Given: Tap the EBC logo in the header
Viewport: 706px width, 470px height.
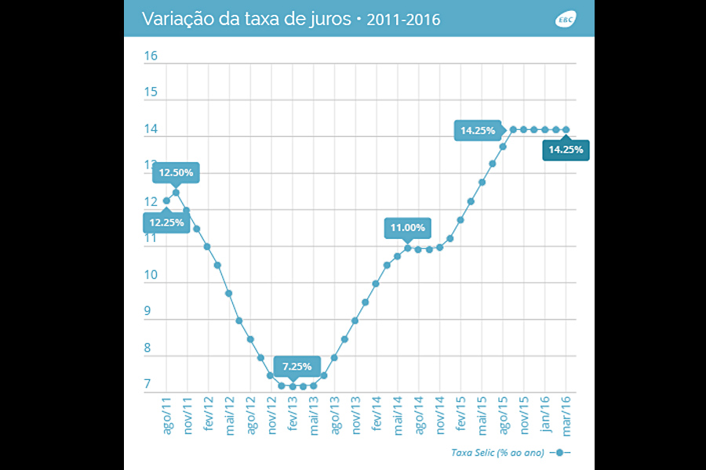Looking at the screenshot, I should [565, 19].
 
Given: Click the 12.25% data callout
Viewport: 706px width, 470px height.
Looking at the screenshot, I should [166, 222].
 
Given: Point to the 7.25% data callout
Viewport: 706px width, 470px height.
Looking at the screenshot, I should [297, 366].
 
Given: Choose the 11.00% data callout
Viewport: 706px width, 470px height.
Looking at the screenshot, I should [408, 228].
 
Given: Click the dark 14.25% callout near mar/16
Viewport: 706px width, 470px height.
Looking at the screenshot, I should [566, 149].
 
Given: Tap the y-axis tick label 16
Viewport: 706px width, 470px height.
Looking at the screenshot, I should [151, 56].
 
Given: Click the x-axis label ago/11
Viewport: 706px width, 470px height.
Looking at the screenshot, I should [166, 416].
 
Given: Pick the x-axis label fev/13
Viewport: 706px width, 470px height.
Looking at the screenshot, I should [292, 416].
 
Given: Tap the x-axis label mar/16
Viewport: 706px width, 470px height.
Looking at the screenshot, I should [566, 416].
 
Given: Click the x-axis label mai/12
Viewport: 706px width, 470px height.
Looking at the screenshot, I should [229, 416].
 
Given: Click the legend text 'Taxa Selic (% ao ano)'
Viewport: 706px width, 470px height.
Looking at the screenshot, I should [497, 453].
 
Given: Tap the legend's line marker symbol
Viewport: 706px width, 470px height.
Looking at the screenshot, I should [560, 453].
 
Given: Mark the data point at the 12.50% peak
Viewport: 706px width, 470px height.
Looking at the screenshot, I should [176, 192].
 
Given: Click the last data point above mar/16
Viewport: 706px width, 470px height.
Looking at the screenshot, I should [566, 129].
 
